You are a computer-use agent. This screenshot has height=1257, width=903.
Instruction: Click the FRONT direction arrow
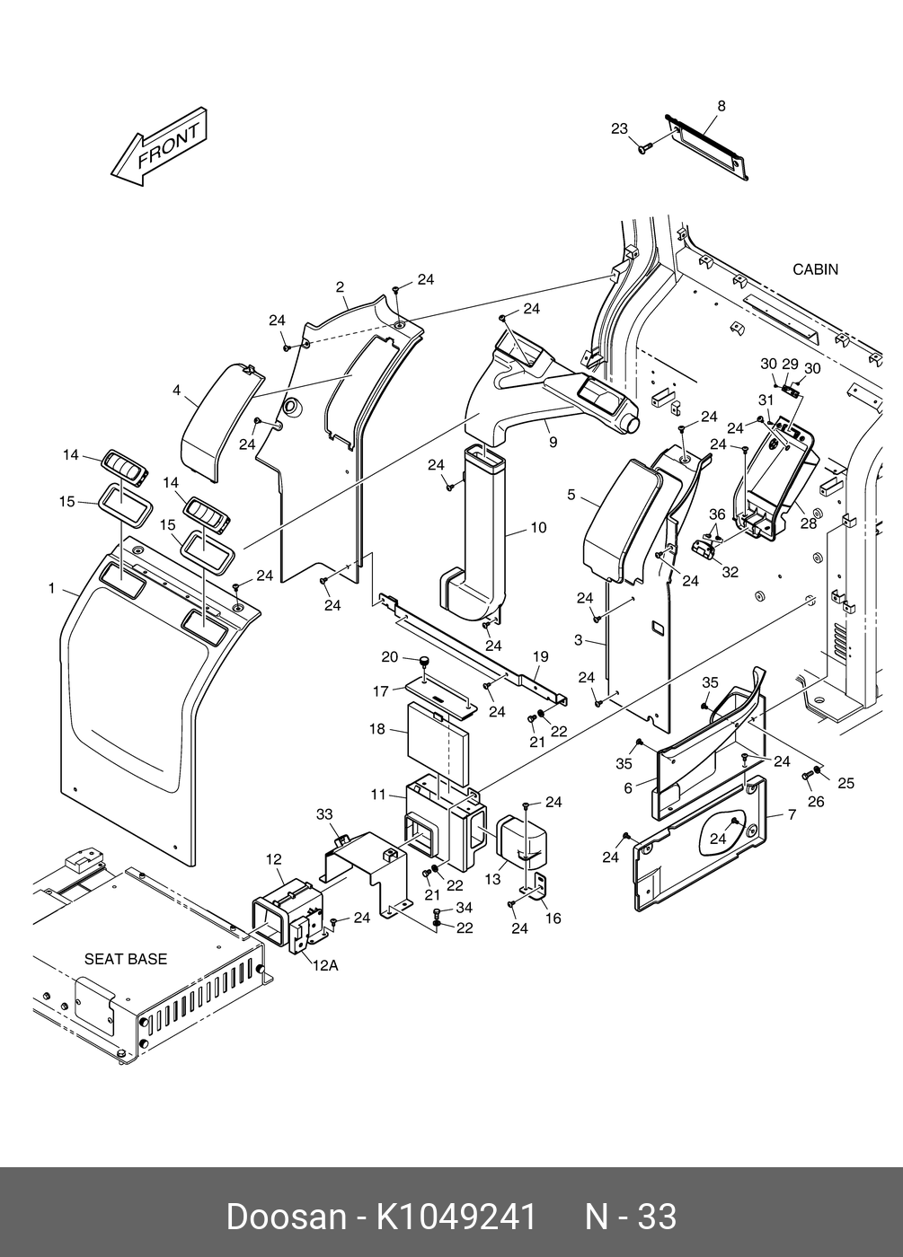tap(159, 147)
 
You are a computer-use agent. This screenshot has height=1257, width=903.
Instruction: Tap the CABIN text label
tap(815, 270)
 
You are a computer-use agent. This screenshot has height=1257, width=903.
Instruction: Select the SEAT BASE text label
tap(126, 959)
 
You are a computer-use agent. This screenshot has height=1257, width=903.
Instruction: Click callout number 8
tap(722, 106)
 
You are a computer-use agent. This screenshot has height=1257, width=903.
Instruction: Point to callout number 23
tap(619, 128)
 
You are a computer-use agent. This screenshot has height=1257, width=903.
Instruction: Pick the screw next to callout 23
tap(644, 149)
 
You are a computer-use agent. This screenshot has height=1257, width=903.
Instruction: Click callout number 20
tap(390, 656)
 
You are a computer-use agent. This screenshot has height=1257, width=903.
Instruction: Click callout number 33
tap(324, 814)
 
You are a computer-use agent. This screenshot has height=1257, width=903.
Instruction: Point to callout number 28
tap(808, 523)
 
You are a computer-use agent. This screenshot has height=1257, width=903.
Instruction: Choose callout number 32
tap(730, 572)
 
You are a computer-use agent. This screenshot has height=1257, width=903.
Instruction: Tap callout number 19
tap(540, 656)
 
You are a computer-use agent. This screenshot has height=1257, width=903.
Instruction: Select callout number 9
tap(553, 443)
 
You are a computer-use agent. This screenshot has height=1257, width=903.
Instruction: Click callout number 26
tap(816, 802)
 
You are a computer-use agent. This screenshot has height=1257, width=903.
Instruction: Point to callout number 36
tap(717, 514)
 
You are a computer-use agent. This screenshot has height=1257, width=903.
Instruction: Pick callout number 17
tap(381, 691)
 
